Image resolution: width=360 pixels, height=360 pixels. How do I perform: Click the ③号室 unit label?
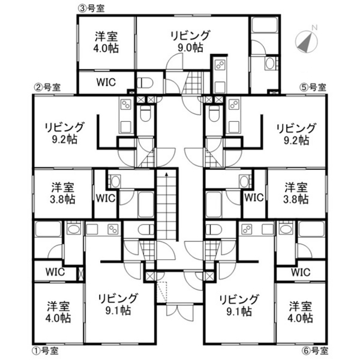point(91,9)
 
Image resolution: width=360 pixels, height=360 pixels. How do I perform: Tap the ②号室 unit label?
point(48,87)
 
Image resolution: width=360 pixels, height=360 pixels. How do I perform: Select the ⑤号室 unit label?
point(313,88)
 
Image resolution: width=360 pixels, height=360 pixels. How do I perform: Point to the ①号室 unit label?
point(45,350)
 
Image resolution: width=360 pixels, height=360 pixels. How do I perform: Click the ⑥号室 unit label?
point(315,350)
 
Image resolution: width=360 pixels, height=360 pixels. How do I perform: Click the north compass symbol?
point(307,40)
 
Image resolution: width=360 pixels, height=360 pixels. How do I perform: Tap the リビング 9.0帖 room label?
point(190,41)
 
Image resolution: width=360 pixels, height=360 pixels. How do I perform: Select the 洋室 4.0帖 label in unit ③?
point(106,42)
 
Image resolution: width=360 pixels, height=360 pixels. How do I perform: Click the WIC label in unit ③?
point(106,82)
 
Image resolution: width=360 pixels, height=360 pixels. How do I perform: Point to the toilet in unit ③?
point(145,83)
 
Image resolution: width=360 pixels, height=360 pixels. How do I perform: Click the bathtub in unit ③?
point(265,25)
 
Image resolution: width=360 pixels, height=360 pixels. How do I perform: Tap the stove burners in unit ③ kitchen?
point(220,65)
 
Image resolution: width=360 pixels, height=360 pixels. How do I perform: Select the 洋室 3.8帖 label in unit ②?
point(62,193)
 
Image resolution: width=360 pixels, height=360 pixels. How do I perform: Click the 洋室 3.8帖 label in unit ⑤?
point(296,193)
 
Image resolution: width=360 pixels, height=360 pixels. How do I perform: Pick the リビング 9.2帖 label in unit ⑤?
point(296,134)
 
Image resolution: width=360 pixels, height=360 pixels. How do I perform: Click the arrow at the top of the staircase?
point(166,175)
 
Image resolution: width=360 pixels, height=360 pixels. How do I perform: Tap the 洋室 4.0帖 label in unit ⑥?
point(301,312)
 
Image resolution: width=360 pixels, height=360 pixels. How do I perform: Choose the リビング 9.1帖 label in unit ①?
point(118,304)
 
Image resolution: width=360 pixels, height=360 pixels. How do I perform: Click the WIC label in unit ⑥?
point(301,272)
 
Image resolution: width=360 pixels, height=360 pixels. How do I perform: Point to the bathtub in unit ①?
point(48,229)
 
